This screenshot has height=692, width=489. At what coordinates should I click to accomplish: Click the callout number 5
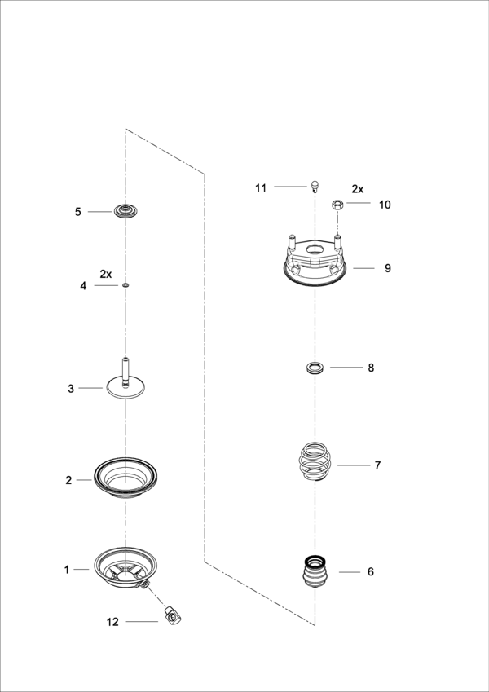(x=78, y=212)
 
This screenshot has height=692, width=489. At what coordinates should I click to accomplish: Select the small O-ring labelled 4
(x=126, y=285)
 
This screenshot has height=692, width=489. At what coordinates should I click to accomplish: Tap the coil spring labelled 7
(x=315, y=461)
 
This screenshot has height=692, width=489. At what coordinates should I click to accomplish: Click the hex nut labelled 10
(x=337, y=205)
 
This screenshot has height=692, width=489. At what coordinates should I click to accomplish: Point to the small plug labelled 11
(x=315, y=186)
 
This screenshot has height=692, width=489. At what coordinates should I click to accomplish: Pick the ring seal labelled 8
(x=315, y=368)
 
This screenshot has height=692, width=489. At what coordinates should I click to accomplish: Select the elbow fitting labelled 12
(x=173, y=615)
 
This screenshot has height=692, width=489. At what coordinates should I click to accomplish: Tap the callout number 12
(x=112, y=622)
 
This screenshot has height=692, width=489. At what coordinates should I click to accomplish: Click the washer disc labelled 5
(x=126, y=211)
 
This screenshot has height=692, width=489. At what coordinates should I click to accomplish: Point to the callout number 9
(x=387, y=268)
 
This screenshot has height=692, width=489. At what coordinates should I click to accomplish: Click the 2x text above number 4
(x=106, y=274)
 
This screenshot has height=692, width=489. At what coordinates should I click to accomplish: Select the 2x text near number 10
(x=358, y=189)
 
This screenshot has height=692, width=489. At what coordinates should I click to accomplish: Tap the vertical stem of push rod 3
(x=126, y=371)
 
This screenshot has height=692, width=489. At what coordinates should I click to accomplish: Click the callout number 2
(x=68, y=480)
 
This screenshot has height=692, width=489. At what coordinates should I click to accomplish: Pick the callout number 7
(x=377, y=465)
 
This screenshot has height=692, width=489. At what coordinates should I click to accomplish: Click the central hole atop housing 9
(x=315, y=249)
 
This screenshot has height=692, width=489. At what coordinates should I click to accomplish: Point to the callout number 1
(x=67, y=570)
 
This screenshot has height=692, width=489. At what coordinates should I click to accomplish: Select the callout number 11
(x=261, y=188)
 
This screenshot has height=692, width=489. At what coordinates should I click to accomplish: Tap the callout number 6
(x=371, y=572)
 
